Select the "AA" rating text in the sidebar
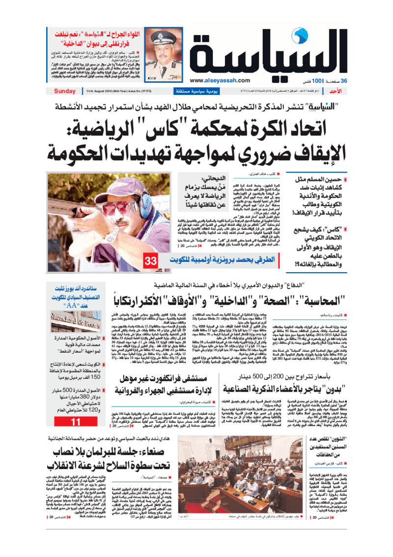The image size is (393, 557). click(x=76, y=305)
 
